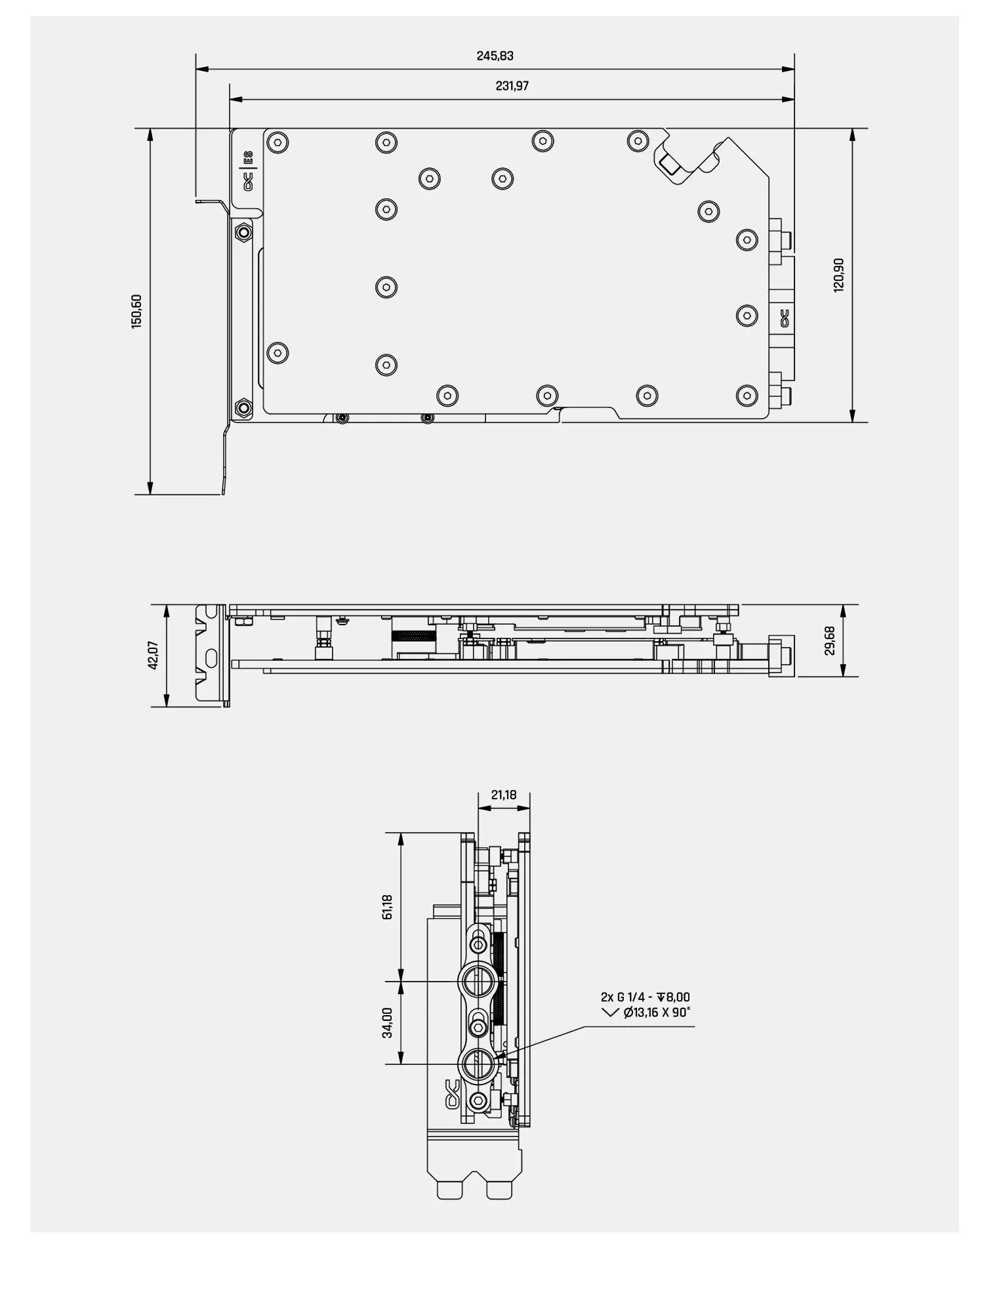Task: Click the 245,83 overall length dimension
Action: [x=495, y=56]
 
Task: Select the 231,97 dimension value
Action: [x=512, y=86]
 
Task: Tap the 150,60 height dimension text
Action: [x=136, y=311]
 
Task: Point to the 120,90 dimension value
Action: [x=839, y=275]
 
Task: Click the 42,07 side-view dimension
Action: [x=155, y=655]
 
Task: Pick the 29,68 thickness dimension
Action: [x=830, y=640]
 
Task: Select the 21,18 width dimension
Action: [x=504, y=795]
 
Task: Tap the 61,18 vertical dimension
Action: [x=387, y=907]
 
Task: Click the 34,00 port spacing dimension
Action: [x=387, y=1022]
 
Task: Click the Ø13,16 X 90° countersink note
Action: [x=657, y=1012]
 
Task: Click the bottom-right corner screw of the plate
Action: [x=747, y=394]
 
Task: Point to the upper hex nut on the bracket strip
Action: [x=243, y=232]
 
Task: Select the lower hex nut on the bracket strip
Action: [x=243, y=408]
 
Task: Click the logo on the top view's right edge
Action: [x=783, y=318]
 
